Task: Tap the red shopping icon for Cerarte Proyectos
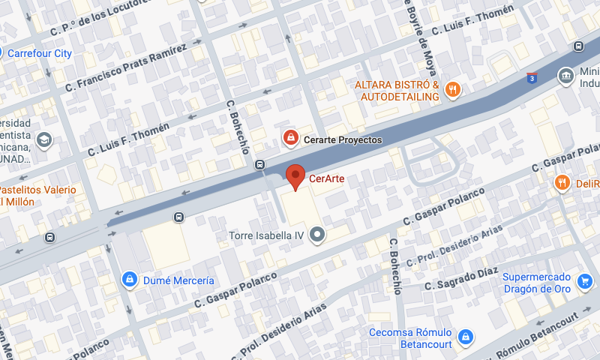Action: tap(289, 138)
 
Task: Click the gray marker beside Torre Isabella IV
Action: tap(318, 235)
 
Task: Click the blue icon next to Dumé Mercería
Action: tap(130, 280)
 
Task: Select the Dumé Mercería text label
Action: tap(178, 280)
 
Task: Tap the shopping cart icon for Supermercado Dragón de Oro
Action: tap(584, 282)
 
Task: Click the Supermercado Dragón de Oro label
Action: tap(536, 283)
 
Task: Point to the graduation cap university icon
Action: tap(44, 139)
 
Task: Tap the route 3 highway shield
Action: tap(532, 77)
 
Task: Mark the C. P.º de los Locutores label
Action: tap(97, 19)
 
